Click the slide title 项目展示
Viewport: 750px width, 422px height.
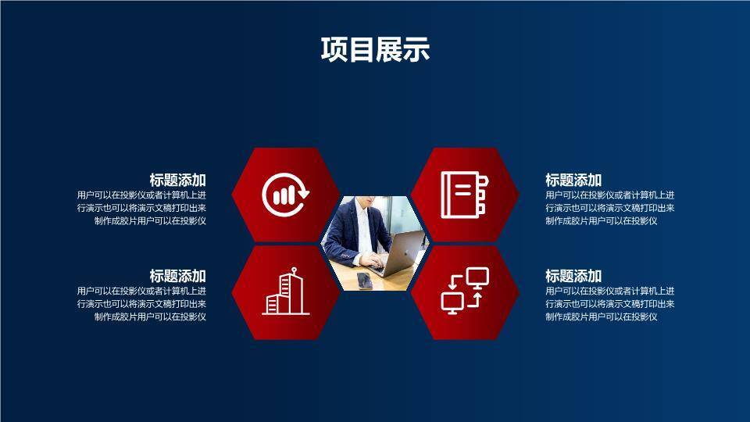click(x=375, y=50)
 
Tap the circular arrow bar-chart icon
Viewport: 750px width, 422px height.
click(x=285, y=193)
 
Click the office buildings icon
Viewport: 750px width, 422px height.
click(x=285, y=292)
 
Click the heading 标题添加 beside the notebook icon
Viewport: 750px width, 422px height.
click(x=573, y=180)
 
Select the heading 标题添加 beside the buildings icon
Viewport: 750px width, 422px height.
click(x=178, y=276)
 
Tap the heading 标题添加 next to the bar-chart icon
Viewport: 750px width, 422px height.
click(x=178, y=180)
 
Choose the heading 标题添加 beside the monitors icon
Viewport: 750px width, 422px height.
click(x=573, y=276)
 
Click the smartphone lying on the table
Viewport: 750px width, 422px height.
click(x=365, y=280)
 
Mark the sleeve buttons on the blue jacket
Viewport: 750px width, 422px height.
click(x=345, y=255)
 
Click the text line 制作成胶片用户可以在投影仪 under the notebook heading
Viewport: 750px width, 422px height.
click(x=601, y=221)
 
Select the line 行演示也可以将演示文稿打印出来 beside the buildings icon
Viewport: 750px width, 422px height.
click(x=141, y=304)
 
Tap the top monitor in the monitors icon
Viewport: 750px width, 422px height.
click(x=477, y=277)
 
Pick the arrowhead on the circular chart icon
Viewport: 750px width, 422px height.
click(x=304, y=193)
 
